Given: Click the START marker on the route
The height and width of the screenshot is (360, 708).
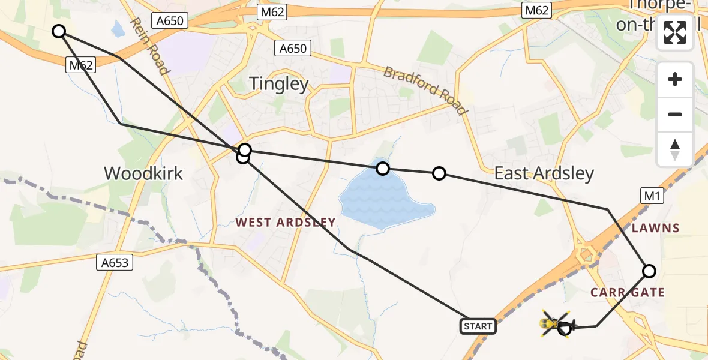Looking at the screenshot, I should pyautogui.click(x=478, y=326).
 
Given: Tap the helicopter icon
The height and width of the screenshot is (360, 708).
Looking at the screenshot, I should pyautogui.click(x=557, y=325).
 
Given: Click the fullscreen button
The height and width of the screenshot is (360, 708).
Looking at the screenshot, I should pyautogui.click(x=675, y=32).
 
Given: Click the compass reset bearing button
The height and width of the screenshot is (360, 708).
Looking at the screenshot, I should pyautogui.click(x=675, y=148).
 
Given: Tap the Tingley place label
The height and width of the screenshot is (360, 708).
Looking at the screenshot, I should pyautogui.click(x=278, y=83).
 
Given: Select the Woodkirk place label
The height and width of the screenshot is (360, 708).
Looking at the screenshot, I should pyautogui.click(x=143, y=173).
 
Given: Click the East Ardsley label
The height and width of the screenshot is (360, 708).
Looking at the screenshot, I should pyautogui.click(x=544, y=173).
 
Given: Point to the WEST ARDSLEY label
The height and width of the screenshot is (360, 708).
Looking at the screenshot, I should pyautogui.click(x=285, y=223).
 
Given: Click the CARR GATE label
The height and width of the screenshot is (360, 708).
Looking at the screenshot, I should pyautogui.click(x=627, y=292).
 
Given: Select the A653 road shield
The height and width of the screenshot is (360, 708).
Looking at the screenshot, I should pyautogui.click(x=113, y=262).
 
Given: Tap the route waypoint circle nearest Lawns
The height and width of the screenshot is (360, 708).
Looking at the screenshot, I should pyautogui.click(x=649, y=271).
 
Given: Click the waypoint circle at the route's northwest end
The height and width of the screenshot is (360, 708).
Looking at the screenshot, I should pyautogui.click(x=58, y=31).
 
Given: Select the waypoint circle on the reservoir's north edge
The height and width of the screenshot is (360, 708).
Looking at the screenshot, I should pyautogui.click(x=382, y=169).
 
